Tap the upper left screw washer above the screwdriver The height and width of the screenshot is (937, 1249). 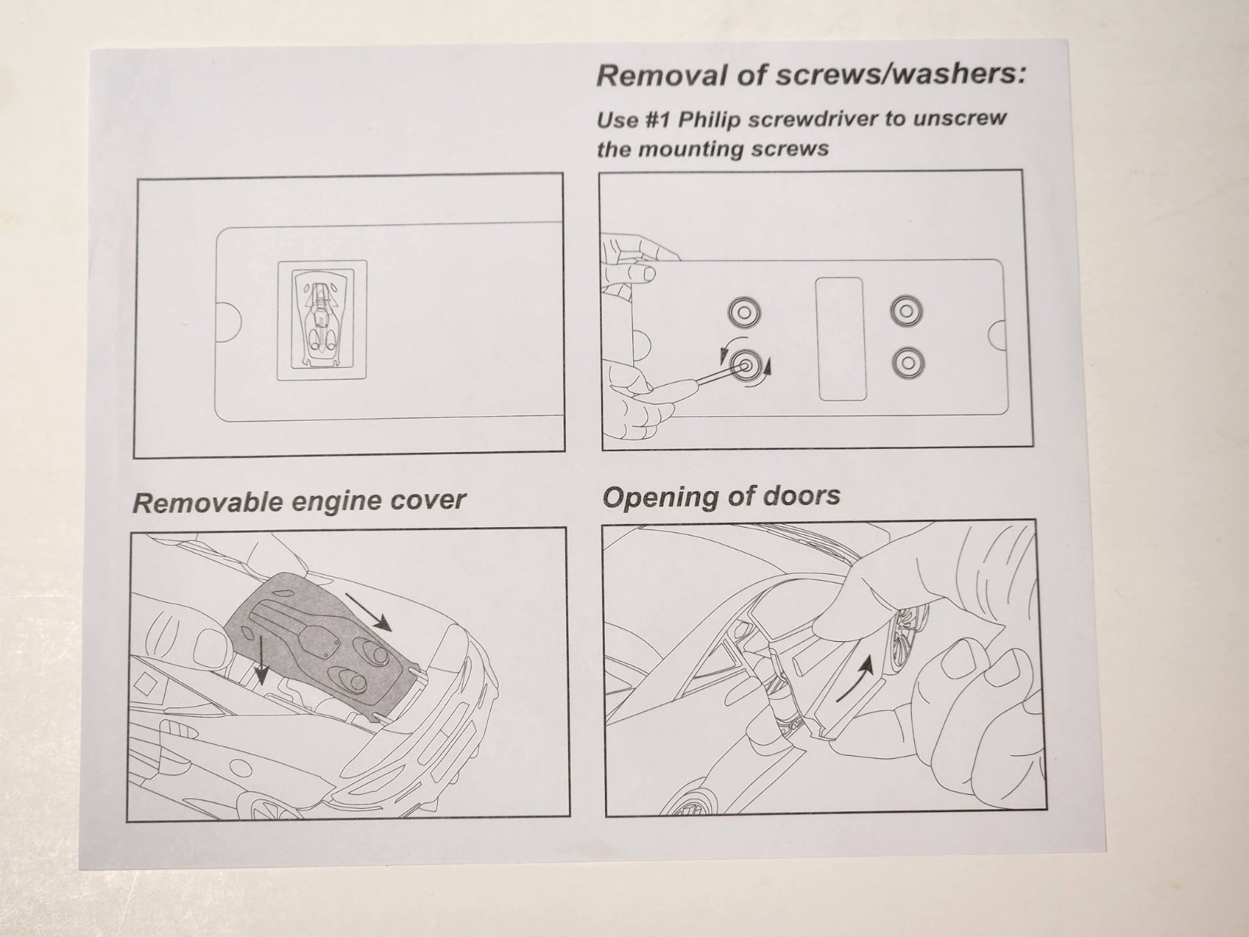[x=744, y=312]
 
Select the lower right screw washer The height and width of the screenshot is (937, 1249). [x=908, y=362]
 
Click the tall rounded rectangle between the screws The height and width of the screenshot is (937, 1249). [x=841, y=339]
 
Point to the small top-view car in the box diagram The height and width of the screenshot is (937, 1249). [x=322, y=319]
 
